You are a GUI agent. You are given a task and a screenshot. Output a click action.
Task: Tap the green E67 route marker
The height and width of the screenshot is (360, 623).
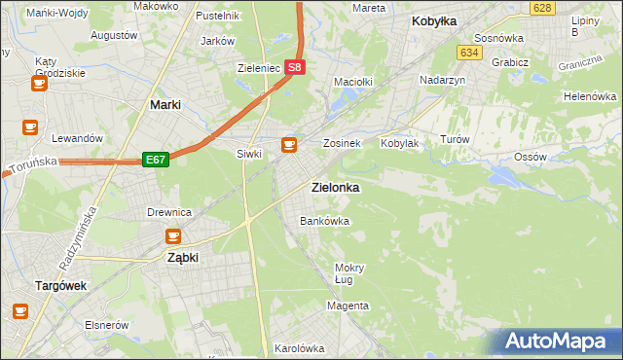coord(156,159)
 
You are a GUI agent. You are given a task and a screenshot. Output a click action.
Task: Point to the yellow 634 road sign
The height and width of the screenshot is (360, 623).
coord(471,53)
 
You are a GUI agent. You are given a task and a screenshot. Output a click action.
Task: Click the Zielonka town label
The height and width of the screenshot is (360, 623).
coord(334,187)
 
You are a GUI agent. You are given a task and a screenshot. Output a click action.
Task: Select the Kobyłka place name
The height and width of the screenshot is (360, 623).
coord(434,20)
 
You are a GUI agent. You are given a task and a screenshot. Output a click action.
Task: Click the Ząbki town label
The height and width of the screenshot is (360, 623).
coord(183,258)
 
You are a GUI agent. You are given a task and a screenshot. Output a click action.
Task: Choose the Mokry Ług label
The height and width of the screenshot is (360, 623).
coord(348,273)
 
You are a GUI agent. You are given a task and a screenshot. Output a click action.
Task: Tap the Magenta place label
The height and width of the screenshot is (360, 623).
coord(348,306)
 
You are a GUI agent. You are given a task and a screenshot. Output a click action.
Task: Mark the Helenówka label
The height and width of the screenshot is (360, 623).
coord(590,97)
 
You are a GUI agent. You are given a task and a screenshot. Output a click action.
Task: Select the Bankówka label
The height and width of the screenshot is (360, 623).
coord(324,222)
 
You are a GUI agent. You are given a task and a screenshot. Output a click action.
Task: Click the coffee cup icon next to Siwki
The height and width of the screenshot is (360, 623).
coord(288,146)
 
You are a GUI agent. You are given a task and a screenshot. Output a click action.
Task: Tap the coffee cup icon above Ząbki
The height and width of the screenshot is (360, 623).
coord(173,235)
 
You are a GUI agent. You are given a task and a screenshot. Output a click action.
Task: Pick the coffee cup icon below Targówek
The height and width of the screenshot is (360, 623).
coord(20,311)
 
